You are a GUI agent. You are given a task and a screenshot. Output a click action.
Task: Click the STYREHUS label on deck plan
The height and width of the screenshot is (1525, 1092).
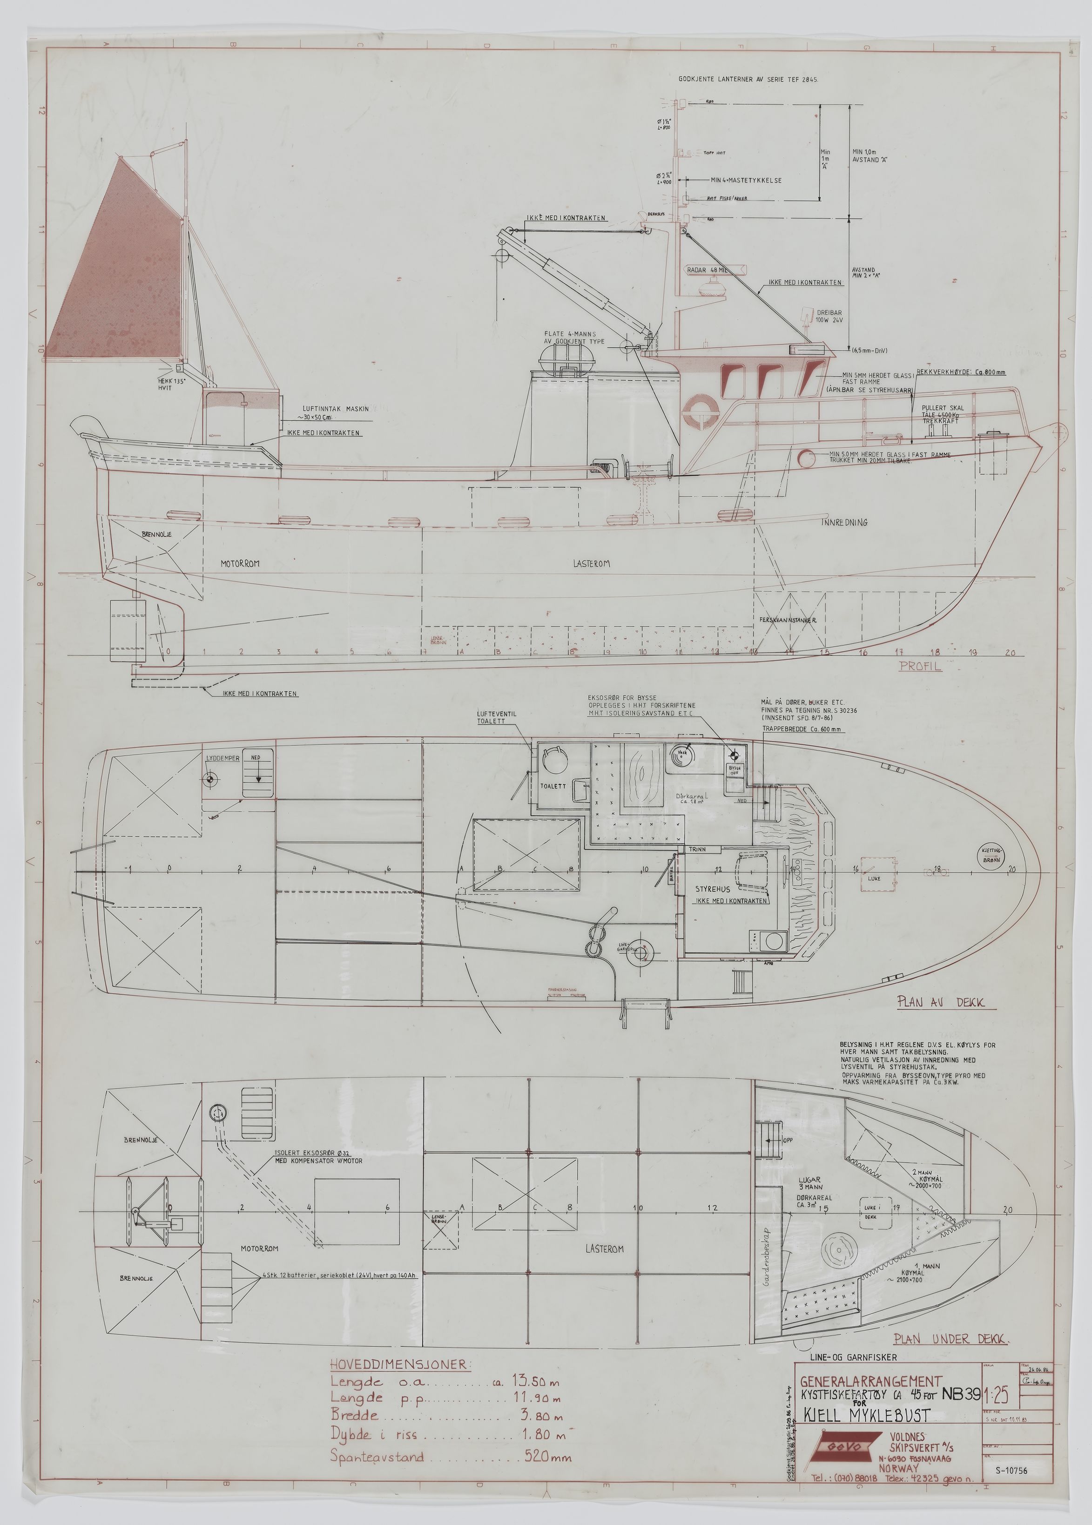tap(713, 889)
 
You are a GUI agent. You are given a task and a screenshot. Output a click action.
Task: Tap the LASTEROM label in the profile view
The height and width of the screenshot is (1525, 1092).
tap(592, 563)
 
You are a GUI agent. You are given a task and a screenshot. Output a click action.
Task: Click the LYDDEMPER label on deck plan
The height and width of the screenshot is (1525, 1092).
tap(222, 758)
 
